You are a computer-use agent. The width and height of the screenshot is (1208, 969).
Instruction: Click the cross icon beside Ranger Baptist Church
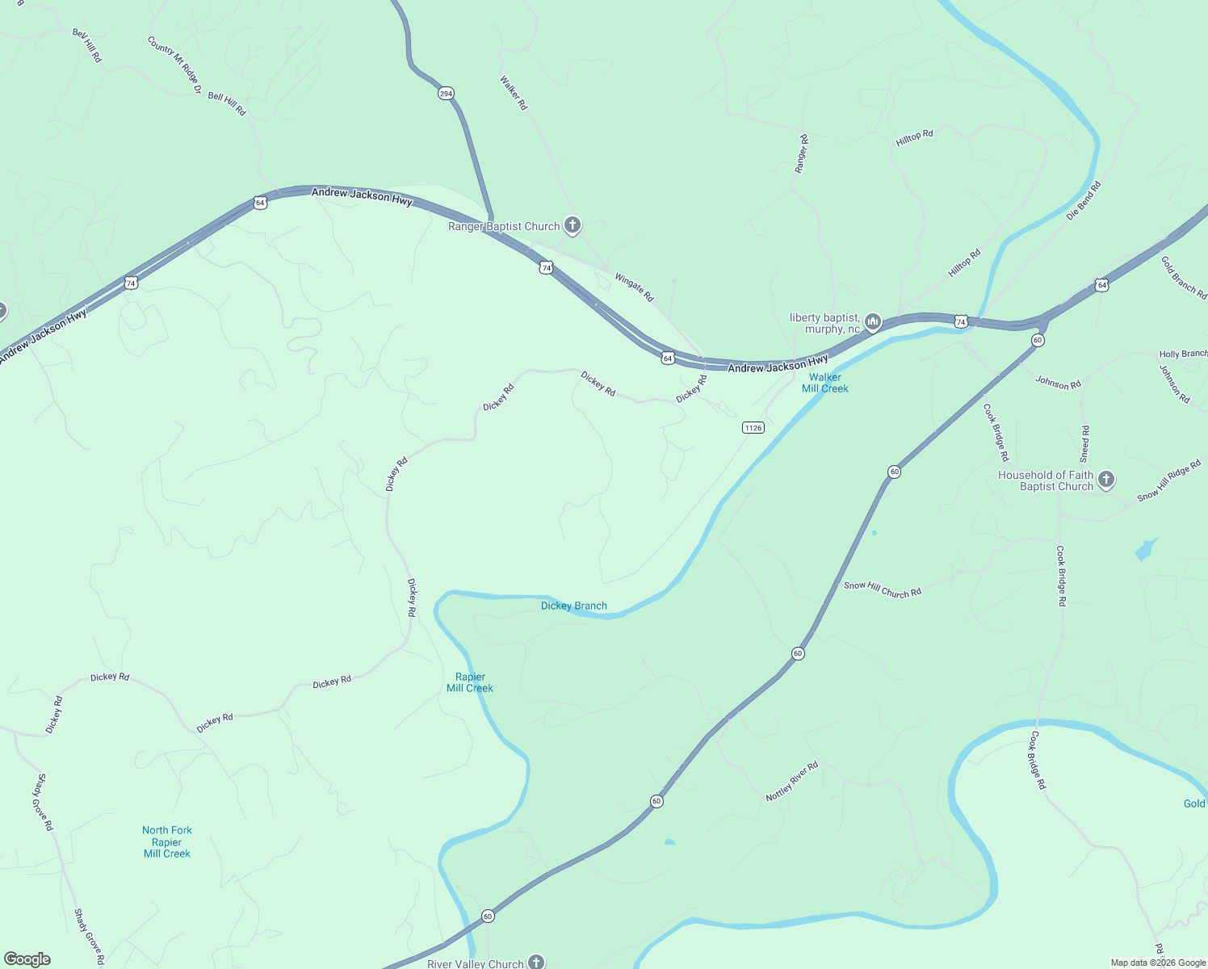(573, 225)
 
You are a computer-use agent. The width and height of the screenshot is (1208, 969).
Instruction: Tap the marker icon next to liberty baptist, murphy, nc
(872, 323)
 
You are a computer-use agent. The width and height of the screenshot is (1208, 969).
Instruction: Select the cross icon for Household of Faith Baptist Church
(1106, 480)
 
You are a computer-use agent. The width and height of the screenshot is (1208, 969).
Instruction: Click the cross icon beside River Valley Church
(536, 962)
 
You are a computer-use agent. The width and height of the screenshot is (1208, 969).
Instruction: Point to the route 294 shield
(446, 94)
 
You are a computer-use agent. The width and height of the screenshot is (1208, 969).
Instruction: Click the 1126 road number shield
(753, 427)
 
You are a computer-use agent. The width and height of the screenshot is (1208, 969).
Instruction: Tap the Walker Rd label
(514, 93)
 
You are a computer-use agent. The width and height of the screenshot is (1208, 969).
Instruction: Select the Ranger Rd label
(801, 154)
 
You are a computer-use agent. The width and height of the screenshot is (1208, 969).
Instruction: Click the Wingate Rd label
(634, 287)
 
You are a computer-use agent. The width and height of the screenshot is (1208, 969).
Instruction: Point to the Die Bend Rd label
(1084, 201)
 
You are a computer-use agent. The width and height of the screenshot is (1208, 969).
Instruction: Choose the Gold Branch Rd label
(1183, 278)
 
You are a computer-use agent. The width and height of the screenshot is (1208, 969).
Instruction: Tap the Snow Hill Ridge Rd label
(1168, 481)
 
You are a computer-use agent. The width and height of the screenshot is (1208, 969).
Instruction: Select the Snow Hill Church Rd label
(883, 589)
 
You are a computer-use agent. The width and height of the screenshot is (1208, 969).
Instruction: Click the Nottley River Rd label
(792, 781)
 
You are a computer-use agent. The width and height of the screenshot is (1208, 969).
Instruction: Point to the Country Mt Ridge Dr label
(174, 65)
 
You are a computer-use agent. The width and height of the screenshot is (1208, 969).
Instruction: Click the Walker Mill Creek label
(825, 383)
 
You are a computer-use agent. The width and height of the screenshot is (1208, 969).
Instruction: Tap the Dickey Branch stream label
(574, 606)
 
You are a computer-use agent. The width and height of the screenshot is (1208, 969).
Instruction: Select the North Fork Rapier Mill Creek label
(167, 841)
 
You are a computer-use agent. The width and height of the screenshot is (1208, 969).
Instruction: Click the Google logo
(27, 959)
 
